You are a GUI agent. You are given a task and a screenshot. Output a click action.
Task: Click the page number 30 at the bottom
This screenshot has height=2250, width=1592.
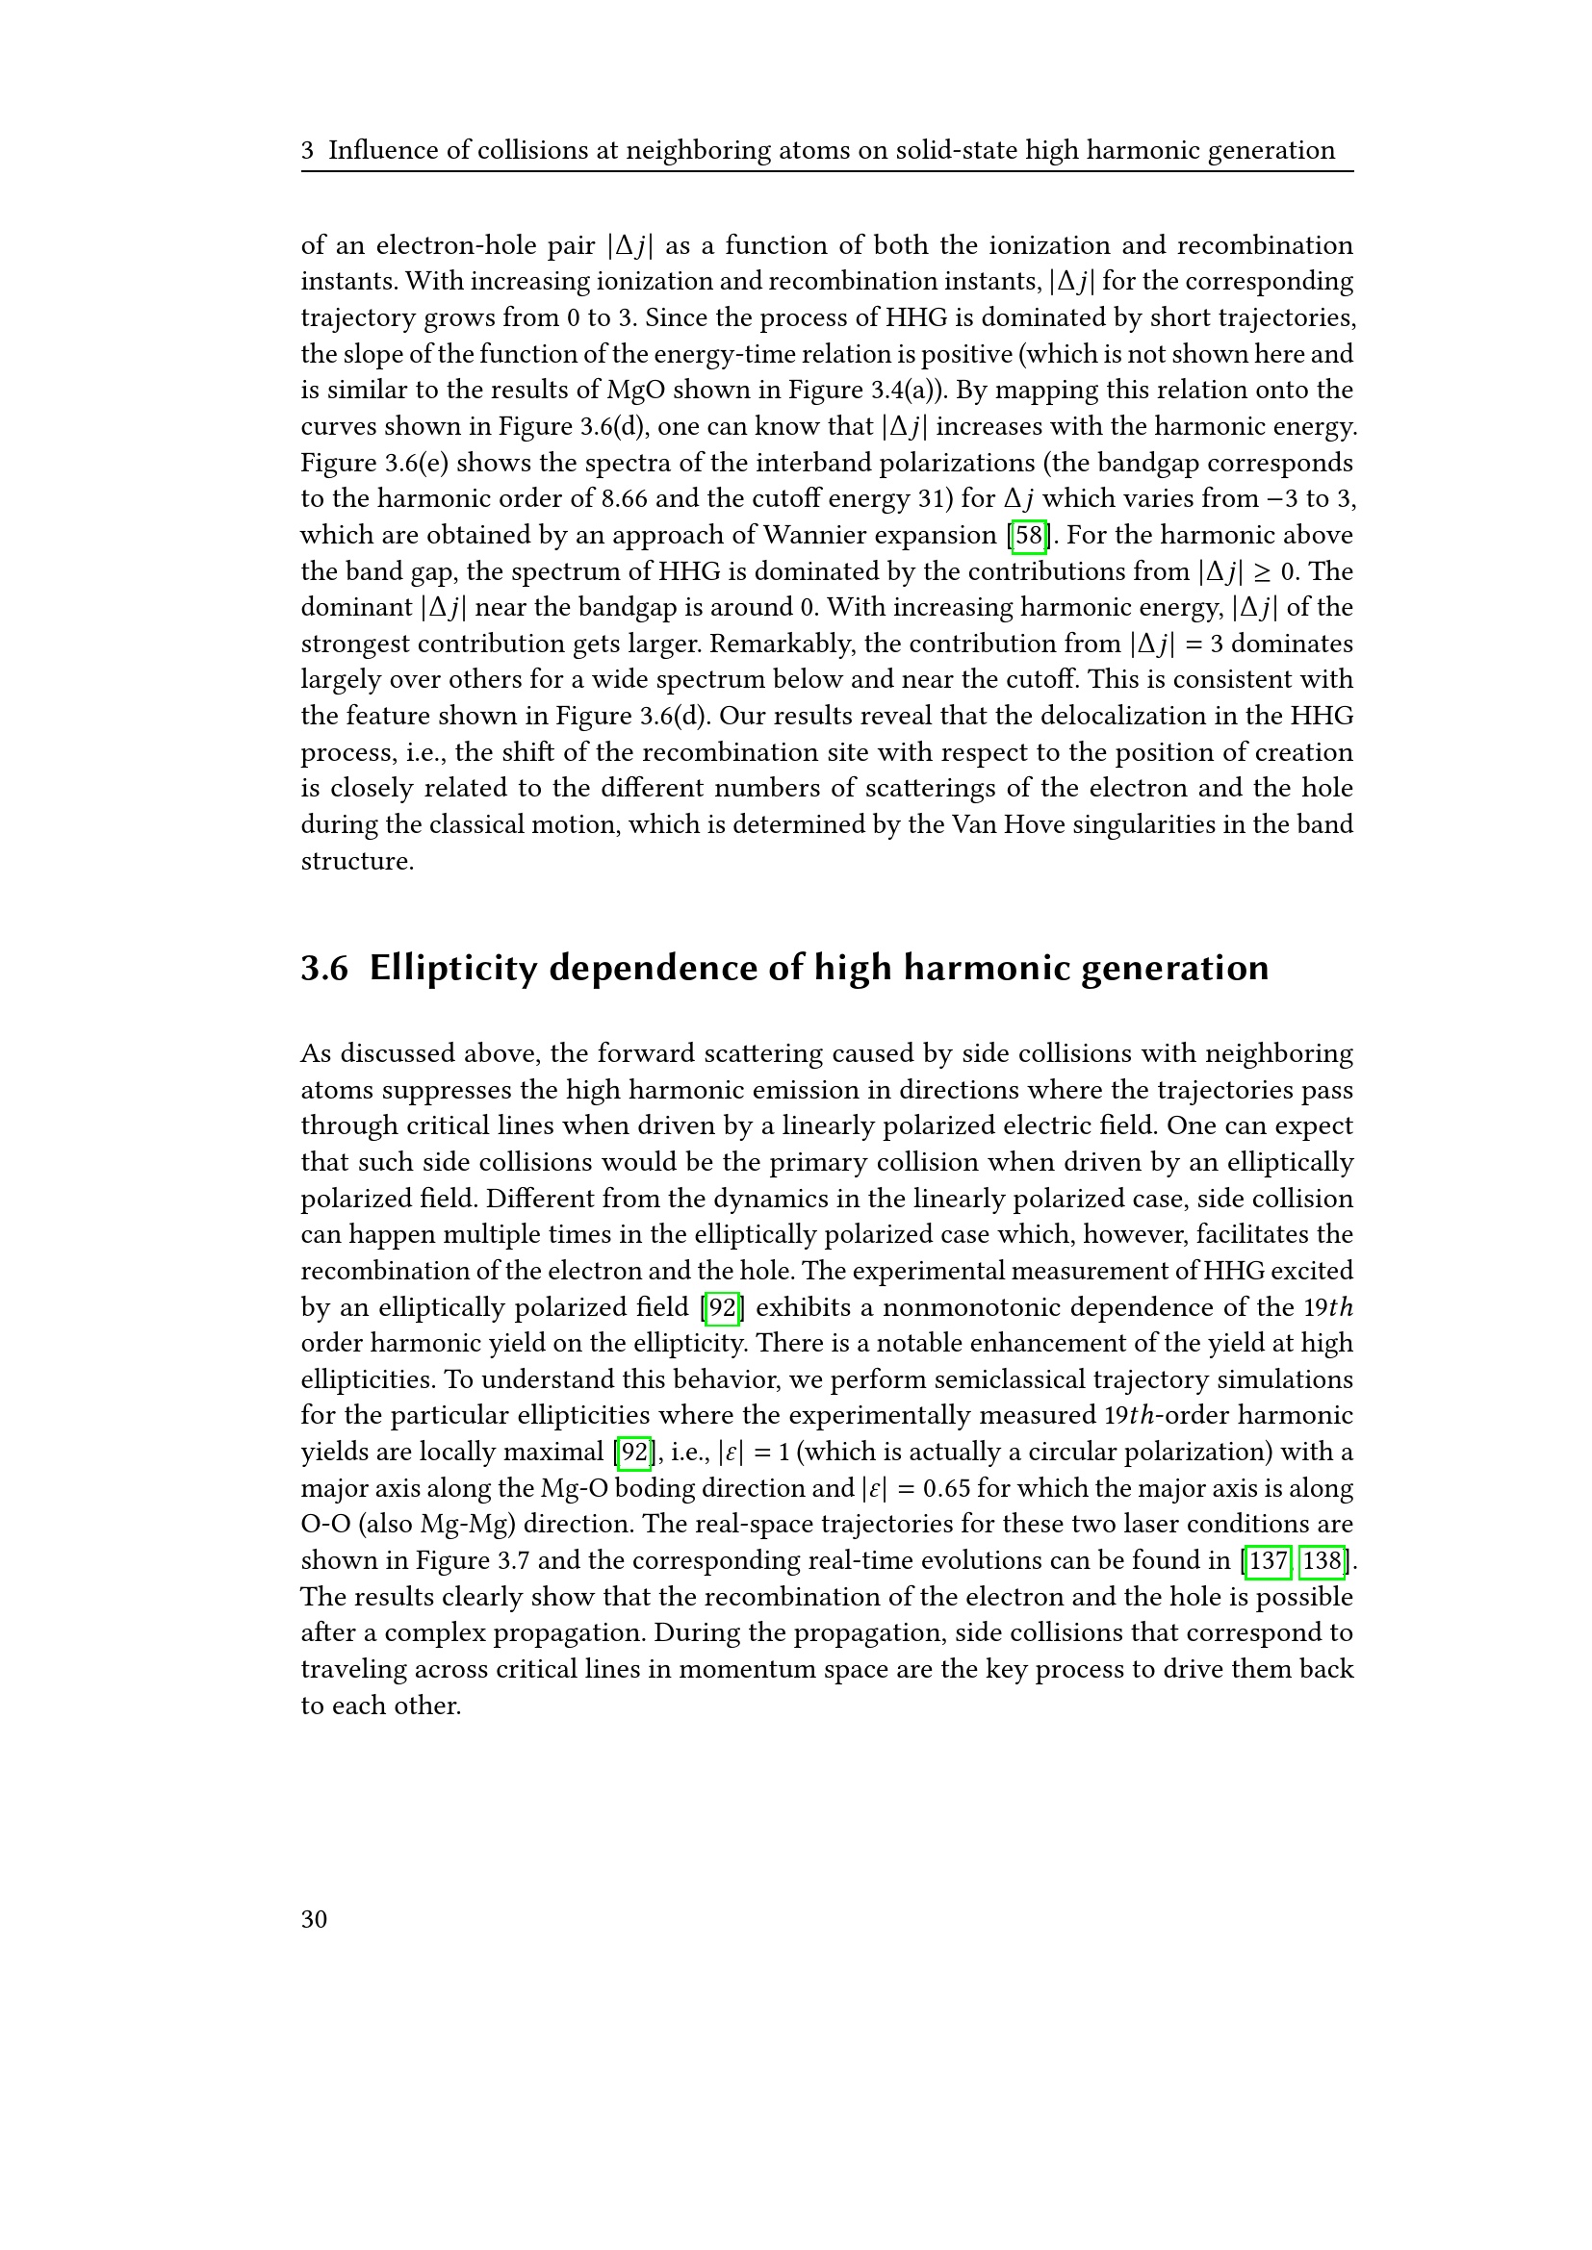314,1919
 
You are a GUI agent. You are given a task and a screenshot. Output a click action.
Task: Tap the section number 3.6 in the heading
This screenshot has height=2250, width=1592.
324,969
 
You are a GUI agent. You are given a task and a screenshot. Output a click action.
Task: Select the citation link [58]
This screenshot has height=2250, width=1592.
1028,535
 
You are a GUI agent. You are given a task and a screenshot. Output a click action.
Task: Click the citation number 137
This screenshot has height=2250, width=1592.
1268,1560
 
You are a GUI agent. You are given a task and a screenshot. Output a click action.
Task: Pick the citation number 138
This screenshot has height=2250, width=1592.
1322,1560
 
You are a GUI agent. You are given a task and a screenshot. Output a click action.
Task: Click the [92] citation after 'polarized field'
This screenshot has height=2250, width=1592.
722,1307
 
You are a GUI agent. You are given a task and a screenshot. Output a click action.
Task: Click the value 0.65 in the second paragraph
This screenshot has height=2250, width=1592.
946,1487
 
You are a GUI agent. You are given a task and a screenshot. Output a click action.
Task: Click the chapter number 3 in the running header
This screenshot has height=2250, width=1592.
308,150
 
